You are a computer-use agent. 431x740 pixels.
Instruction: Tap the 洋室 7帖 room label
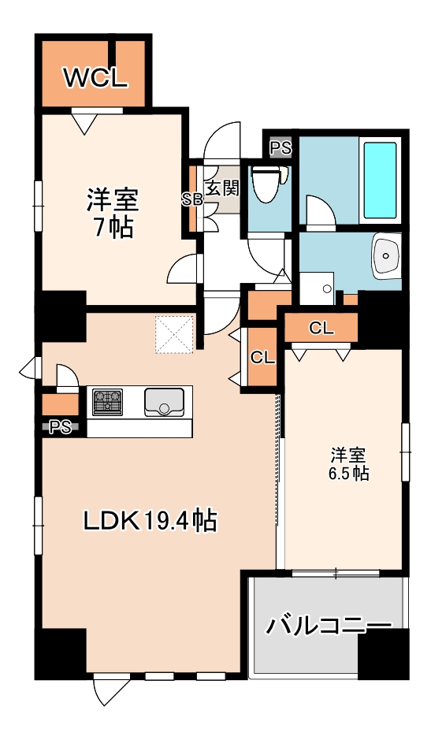click(112, 213)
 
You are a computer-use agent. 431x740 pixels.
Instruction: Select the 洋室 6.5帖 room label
click(347, 464)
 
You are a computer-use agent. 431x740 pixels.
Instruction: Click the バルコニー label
click(328, 626)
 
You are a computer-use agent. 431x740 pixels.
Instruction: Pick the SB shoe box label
click(192, 199)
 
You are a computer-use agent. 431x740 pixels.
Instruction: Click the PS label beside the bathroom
click(281, 147)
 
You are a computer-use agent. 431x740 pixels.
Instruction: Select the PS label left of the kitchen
click(59, 428)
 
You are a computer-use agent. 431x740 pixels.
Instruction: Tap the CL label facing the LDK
click(262, 357)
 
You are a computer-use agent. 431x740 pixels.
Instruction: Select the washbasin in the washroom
click(387, 255)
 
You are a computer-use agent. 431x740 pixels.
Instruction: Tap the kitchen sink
click(164, 401)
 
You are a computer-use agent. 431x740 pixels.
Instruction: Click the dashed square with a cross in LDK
click(173, 335)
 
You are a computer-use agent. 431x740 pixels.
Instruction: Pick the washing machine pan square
click(316, 288)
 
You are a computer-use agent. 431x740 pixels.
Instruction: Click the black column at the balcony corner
click(383, 653)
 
